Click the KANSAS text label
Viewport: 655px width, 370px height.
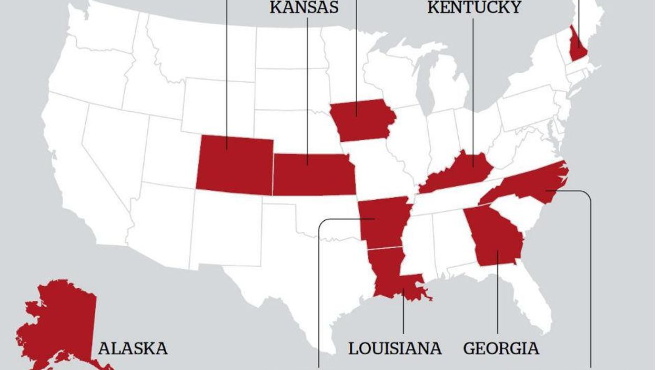pyautogui.click(x=304, y=8)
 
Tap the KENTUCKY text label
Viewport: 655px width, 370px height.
pyautogui.click(x=474, y=7)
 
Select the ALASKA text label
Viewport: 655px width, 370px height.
pyautogui.click(x=133, y=348)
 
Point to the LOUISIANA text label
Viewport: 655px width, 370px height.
pyautogui.click(x=395, y=348)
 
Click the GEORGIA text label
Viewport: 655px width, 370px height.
pyautogui.click(x=501, y=348)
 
